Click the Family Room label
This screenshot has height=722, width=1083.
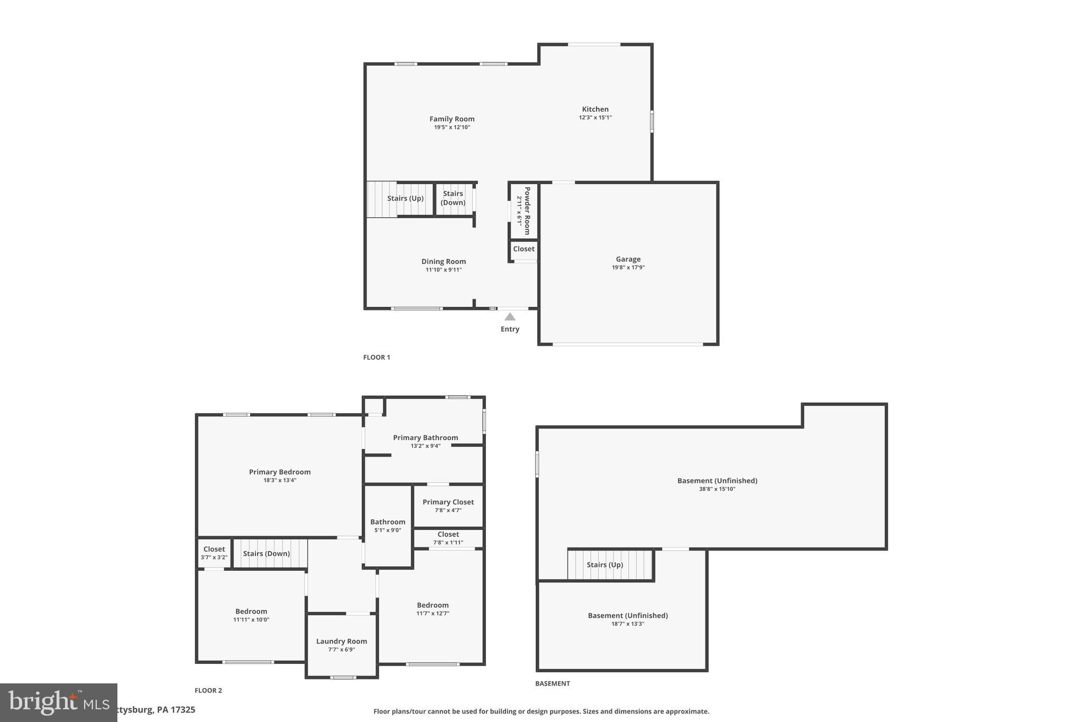pos(452,119)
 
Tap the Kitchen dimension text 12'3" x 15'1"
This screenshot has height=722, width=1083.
pos(595,117)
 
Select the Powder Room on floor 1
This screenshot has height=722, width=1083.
pos(524,211)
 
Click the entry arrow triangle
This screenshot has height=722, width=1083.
pos(510,317)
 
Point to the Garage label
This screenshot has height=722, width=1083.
pos(628,259)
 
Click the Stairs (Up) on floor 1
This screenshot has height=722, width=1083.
pos(405,198)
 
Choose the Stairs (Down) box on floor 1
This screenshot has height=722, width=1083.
pos(453,198)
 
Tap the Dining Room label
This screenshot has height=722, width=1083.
pos(443,261)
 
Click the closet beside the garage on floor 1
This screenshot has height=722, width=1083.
pos(524,249)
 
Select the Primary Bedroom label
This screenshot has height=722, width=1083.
pos(280,472)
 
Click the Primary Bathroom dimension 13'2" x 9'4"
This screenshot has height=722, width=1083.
pos(425,446)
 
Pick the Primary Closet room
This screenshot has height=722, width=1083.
pos(448,506)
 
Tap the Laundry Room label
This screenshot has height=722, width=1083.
pos(342,641)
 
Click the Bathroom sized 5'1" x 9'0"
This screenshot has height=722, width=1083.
pos(388,525)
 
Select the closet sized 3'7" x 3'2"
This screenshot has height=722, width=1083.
pos(214,553)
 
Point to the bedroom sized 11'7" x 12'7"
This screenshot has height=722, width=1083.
pos(433,609)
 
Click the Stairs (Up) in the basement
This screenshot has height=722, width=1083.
pos(604,565)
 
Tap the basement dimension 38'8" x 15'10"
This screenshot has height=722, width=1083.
pos(717,489)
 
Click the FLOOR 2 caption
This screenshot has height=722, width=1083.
pos(208,690)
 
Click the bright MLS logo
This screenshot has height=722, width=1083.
pos(58,702)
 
